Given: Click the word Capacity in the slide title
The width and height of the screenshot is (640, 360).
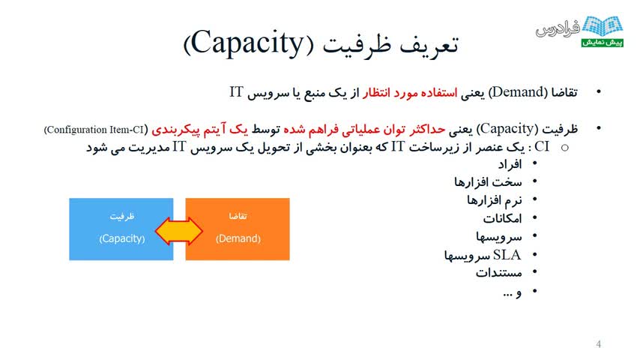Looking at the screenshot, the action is (x=248, y=43).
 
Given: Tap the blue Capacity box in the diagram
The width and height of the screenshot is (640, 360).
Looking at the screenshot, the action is (x=121, y=229).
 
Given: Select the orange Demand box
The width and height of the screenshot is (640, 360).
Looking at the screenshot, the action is (x=238, y=229).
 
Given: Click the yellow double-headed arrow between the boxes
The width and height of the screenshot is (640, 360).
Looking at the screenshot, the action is (x=179, y=231).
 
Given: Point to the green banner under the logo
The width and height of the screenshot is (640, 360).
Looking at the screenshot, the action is (x=602, y=43).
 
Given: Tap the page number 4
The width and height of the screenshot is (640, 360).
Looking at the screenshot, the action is (x=598, y=344).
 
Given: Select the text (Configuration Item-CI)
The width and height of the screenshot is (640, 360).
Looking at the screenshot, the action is (x=96, y=130).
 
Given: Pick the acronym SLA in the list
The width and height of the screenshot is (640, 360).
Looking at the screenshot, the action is (x=507, y=255).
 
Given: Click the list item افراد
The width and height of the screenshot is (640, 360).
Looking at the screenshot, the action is (x=510, y=164).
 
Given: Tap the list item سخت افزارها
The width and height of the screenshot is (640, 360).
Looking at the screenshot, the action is (x=488, y=181).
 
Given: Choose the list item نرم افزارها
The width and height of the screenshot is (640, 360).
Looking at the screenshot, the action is (x=495, y=200).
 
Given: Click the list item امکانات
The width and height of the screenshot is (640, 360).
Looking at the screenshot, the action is (x=502, y=218).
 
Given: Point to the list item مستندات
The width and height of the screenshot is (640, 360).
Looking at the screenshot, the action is (x=499, y=272).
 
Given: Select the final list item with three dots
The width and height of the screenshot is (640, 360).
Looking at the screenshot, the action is (x=513, y=292).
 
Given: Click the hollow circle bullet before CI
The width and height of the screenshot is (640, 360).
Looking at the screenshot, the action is (x=565, y=148).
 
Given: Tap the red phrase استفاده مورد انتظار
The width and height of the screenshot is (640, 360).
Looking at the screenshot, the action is (x=410, y=93).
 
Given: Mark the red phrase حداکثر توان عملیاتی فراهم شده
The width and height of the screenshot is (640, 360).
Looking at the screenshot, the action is (x=364, y=130).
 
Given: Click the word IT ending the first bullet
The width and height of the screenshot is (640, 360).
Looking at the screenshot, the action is (x=236, y=92).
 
